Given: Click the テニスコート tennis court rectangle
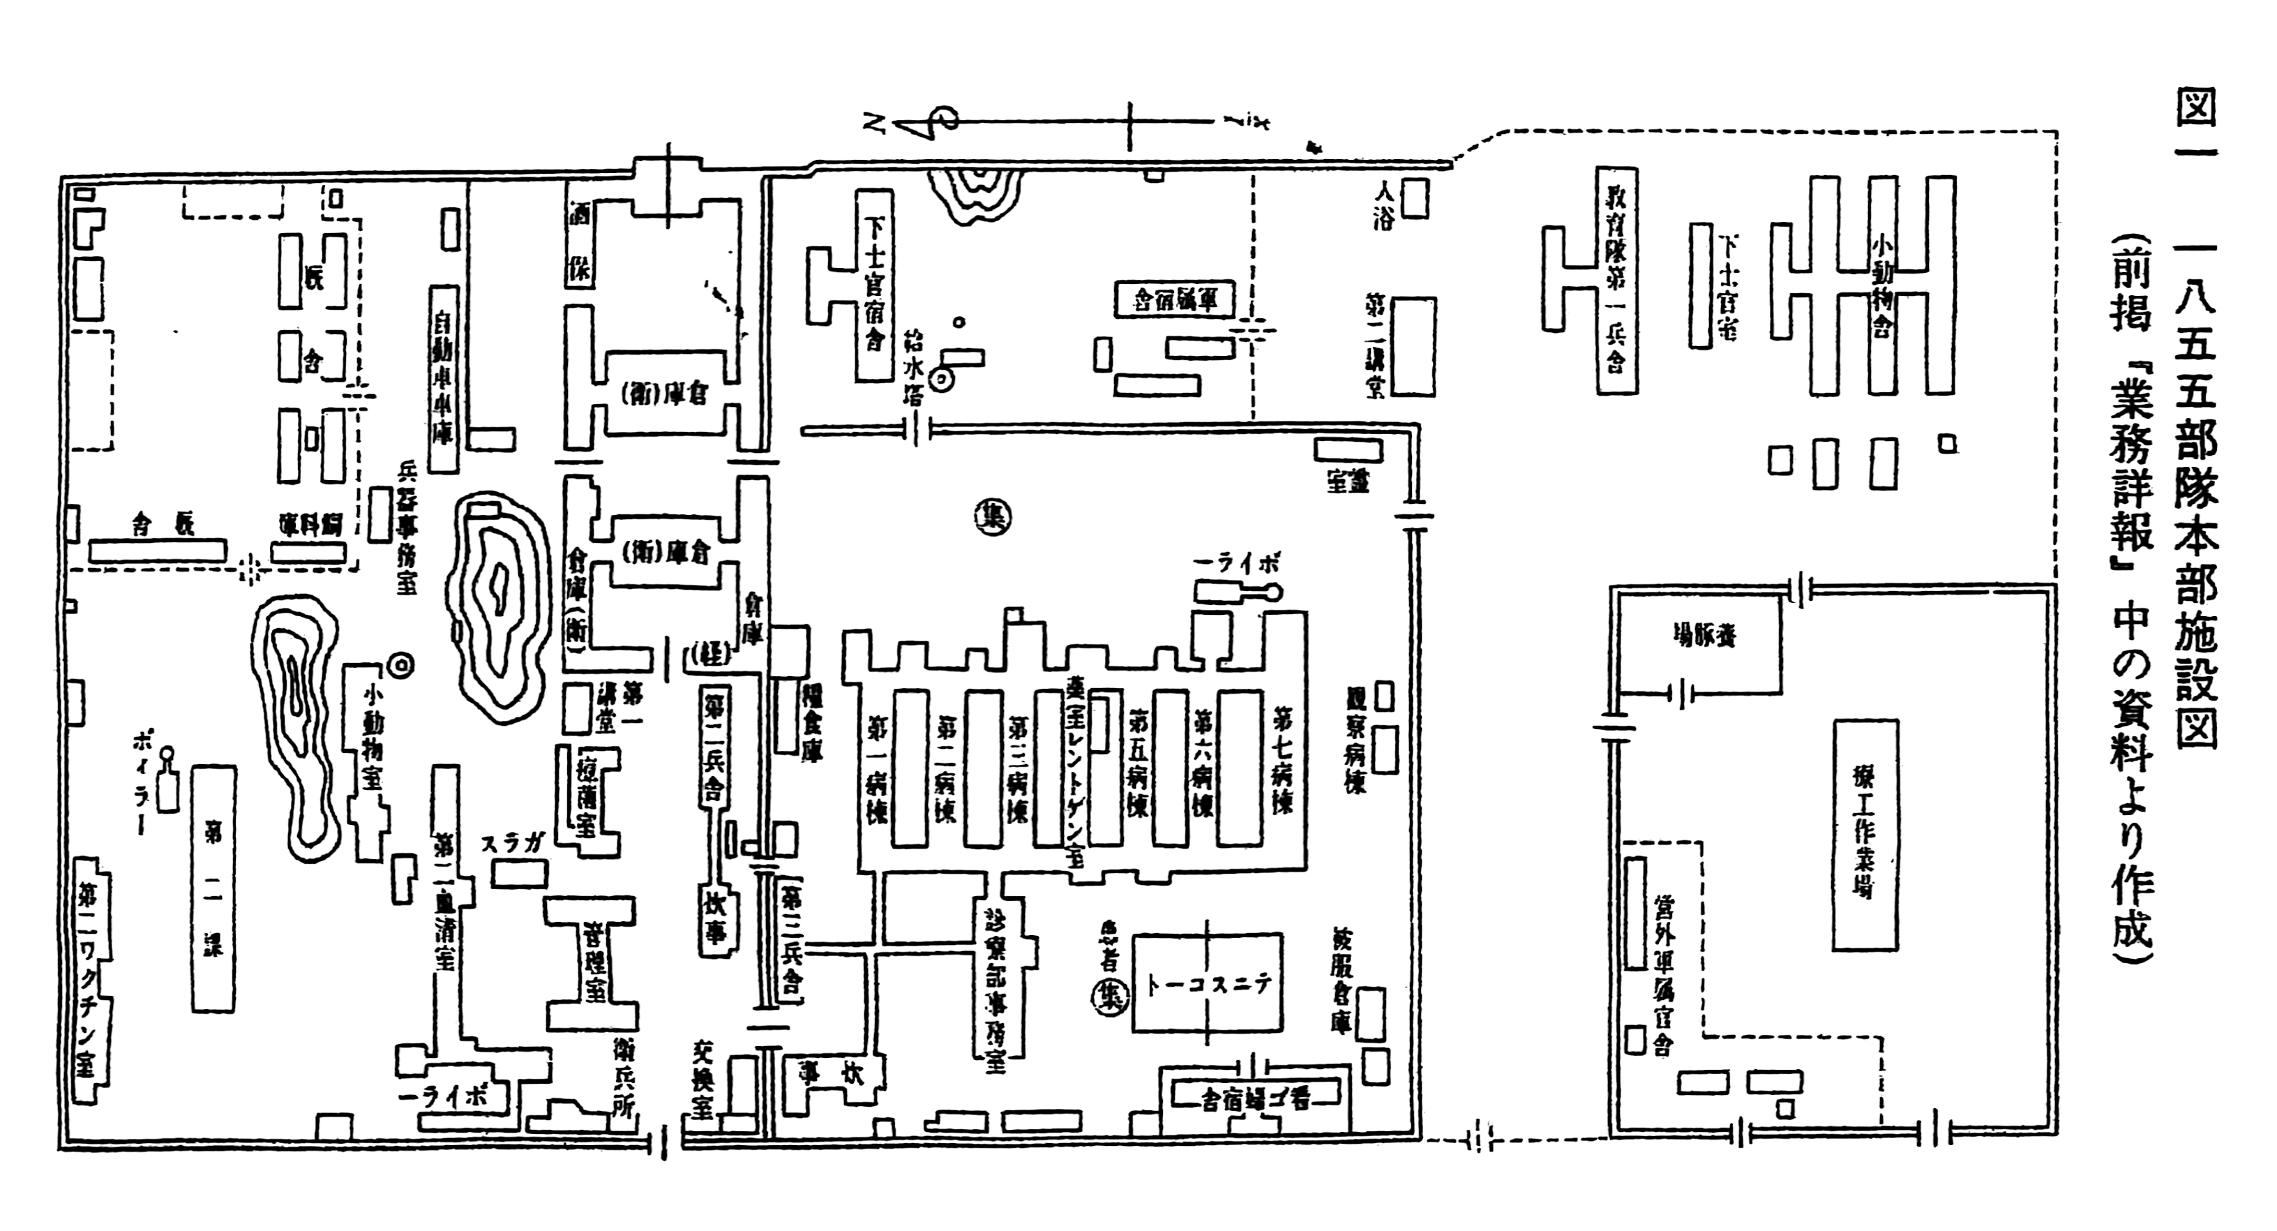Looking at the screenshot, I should (x=1208, y=983).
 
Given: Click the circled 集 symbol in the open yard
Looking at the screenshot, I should (x=993, y=517).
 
